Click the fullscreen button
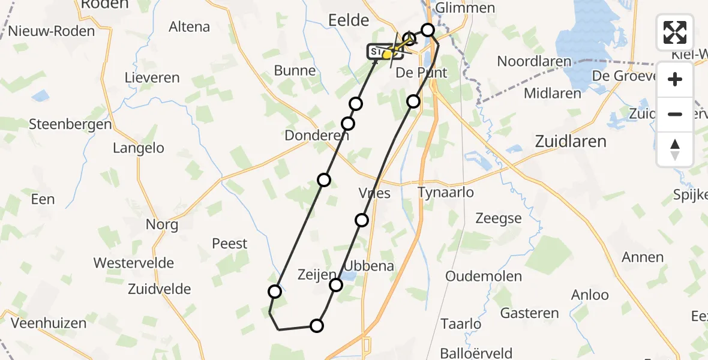pyautogui.click(x=675, y=32)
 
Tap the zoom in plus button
pyautogui.click(x=675, y=80)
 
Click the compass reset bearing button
pyautogui.click(x=675, y=149)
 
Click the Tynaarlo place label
pyautogui.click(x=446, y=193)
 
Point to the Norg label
pyautogui.click(x=162, y=225)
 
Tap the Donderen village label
pyautogui.click(x=317, y=136)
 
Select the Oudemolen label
pyautogui.click(x=484, y=277)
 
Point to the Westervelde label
pyautogui.click(x=134, y=263)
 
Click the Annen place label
pyautogui.click(x=643, y=257)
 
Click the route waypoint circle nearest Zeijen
pyautogui.click(x=336, y=284)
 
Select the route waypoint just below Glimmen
pyautogui.click(x=428, y=29)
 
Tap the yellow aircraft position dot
pyautogui.click(x=388, y=55)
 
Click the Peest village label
pyautogui.click(x=230, y=244)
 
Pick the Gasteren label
pyautogui.click(x=529, y=313)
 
